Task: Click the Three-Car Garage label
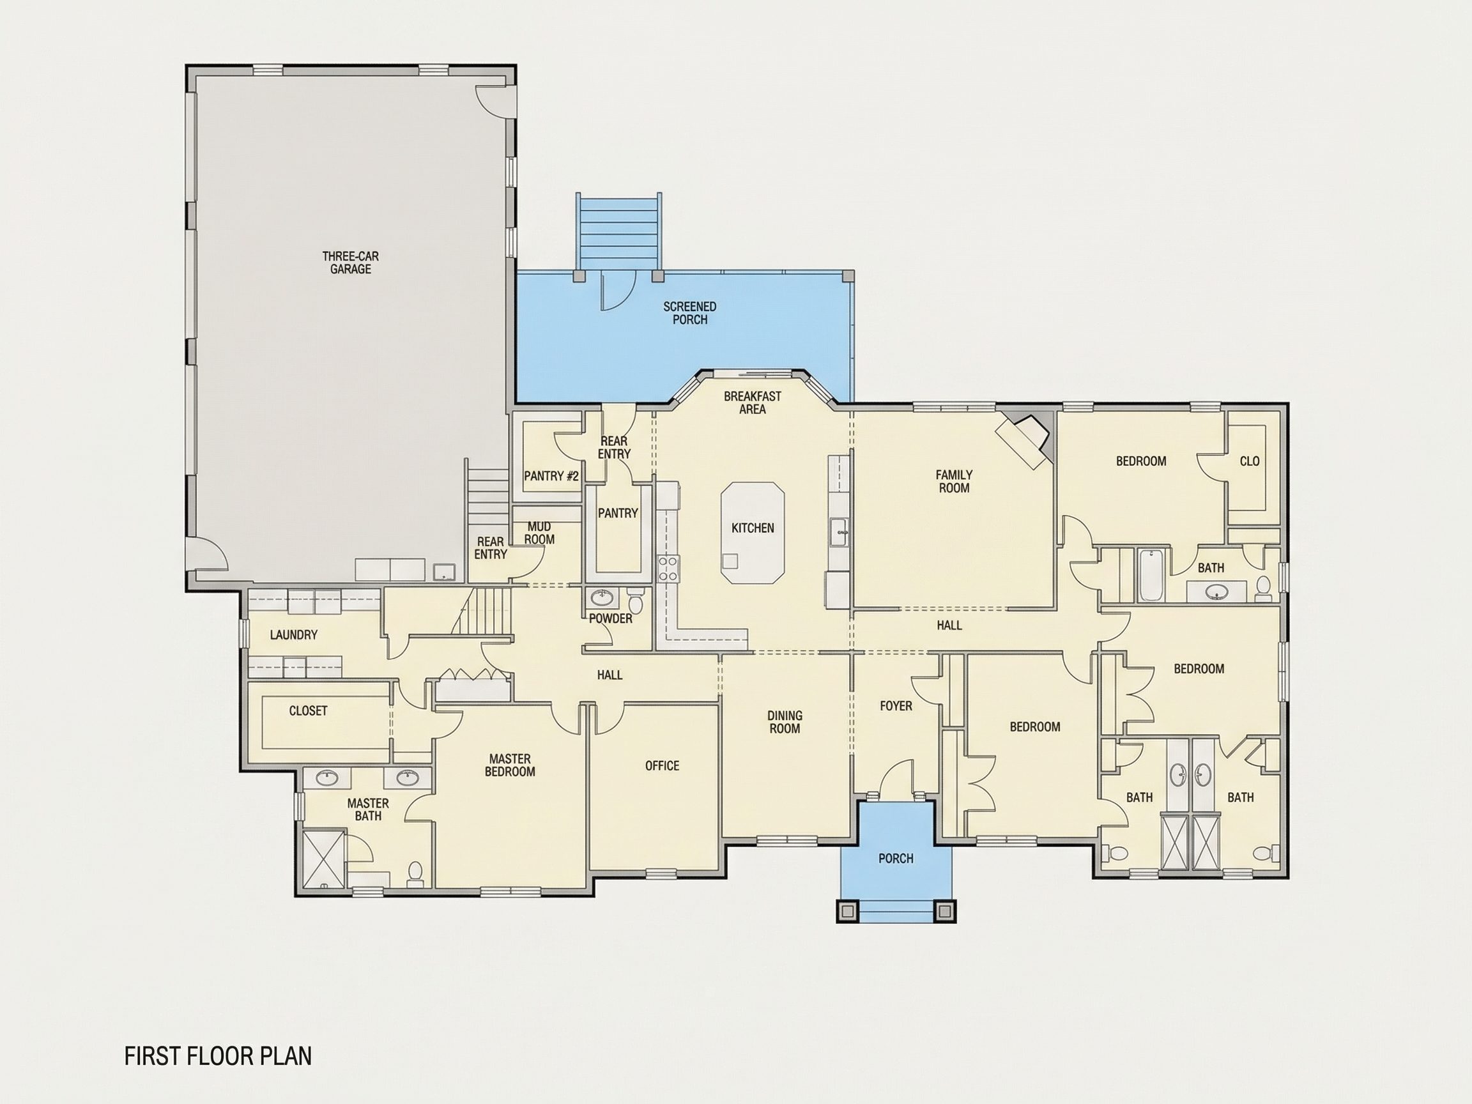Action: (351, 262)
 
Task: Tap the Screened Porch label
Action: (689, 313)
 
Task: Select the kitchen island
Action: (753, 533)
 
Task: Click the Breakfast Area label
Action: (753, 402)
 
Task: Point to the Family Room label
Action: (954, 481)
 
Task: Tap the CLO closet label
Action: (1250, 461)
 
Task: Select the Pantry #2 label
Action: (551, 476)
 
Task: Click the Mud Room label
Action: (539, 533)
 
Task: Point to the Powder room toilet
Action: (636, 601)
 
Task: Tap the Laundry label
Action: (293, 635)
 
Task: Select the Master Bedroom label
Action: (510, 765)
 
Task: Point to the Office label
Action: (662, 766)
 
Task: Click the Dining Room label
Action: (785, 722)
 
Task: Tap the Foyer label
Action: (896, 705)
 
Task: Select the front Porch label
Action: (896, 859)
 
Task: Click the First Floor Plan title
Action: (218, 1056)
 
